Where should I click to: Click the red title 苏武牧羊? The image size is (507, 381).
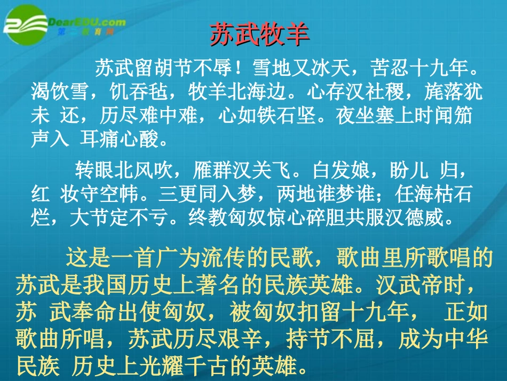point(260,36)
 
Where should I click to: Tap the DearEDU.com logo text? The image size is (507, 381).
point(86,22)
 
